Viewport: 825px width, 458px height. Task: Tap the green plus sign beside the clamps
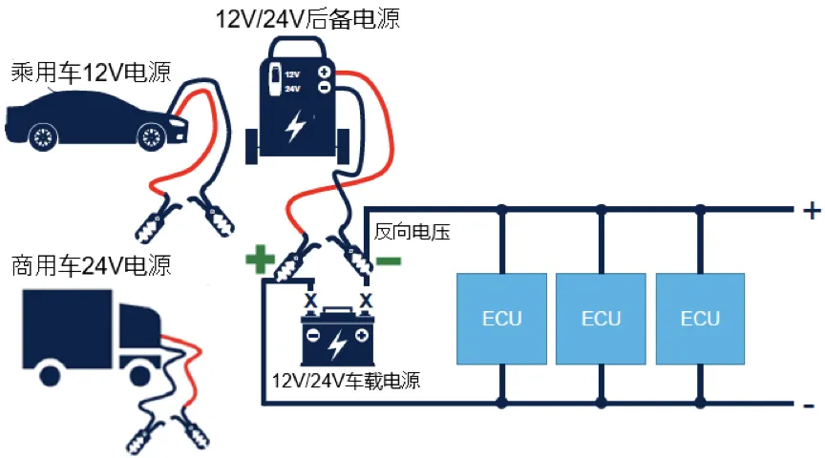[259, 259]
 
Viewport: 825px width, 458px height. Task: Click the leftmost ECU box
[501, 319]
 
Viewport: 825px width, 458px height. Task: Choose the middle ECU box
[601, 319]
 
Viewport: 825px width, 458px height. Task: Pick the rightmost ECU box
[700, 319]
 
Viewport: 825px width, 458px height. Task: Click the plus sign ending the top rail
[811, 211]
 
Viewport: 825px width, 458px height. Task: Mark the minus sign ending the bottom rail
[810, 406]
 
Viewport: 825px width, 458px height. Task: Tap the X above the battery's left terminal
[309, 301]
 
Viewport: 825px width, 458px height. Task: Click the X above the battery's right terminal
[365, 301]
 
